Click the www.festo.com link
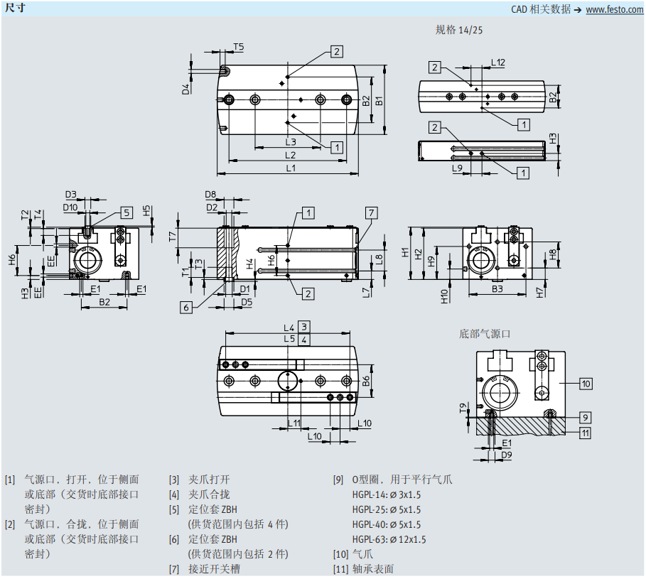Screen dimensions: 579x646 [x=614, y=9]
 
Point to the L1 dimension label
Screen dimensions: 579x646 [x=291, y=168]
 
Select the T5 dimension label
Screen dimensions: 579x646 [x=238, y=47]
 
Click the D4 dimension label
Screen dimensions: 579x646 [x=186, y=89]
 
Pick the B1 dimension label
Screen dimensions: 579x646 [x=379, y=100]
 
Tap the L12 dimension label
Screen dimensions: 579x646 [x=498, y=63]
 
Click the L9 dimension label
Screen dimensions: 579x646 [x=458, y=168]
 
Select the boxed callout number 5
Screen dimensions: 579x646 [x=126, y=212]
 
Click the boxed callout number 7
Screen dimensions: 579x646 [x=371, y=212]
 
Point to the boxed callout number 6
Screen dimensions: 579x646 [x=186, y=307]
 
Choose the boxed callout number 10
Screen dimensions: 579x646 [x=585, y=384]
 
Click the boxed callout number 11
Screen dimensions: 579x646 [x=585, y=432]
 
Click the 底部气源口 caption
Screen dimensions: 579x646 [x=485, y=333]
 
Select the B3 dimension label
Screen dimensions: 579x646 [x=497, y=288]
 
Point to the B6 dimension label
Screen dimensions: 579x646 [x=365, y=381]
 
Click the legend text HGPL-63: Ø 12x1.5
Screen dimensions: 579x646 [x=389, y=539]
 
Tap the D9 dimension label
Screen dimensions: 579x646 [x=506, y=454]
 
